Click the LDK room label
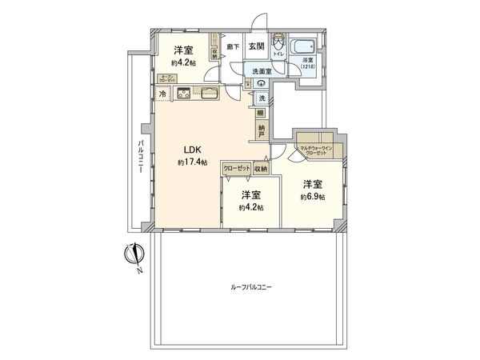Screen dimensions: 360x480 click(192, 148)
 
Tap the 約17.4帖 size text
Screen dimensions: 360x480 click(192, 162)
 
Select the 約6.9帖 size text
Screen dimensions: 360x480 click(313, 197)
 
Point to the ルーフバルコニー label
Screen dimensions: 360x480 click(250, 285)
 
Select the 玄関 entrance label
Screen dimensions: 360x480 click(256, 47)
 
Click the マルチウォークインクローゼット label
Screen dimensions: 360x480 click(318, 149)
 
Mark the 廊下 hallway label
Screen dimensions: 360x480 click(232, 47)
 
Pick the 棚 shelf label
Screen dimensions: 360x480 click(262, 113)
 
